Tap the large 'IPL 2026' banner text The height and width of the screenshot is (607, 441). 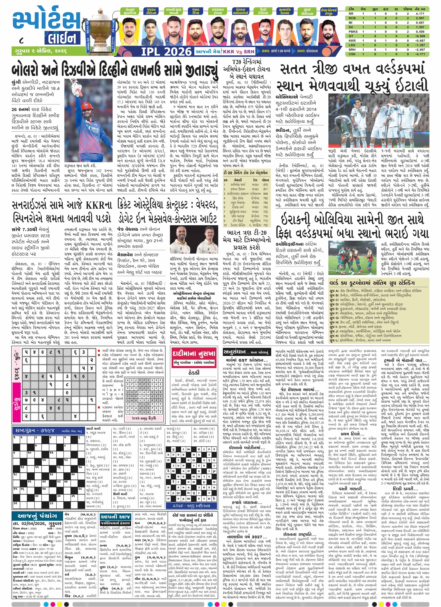tap(166, 51)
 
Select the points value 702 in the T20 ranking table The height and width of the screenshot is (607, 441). tap(265, 225)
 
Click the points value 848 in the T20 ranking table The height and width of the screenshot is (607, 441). tap(265, 193)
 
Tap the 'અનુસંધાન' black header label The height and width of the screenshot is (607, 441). tap(235, 352)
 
